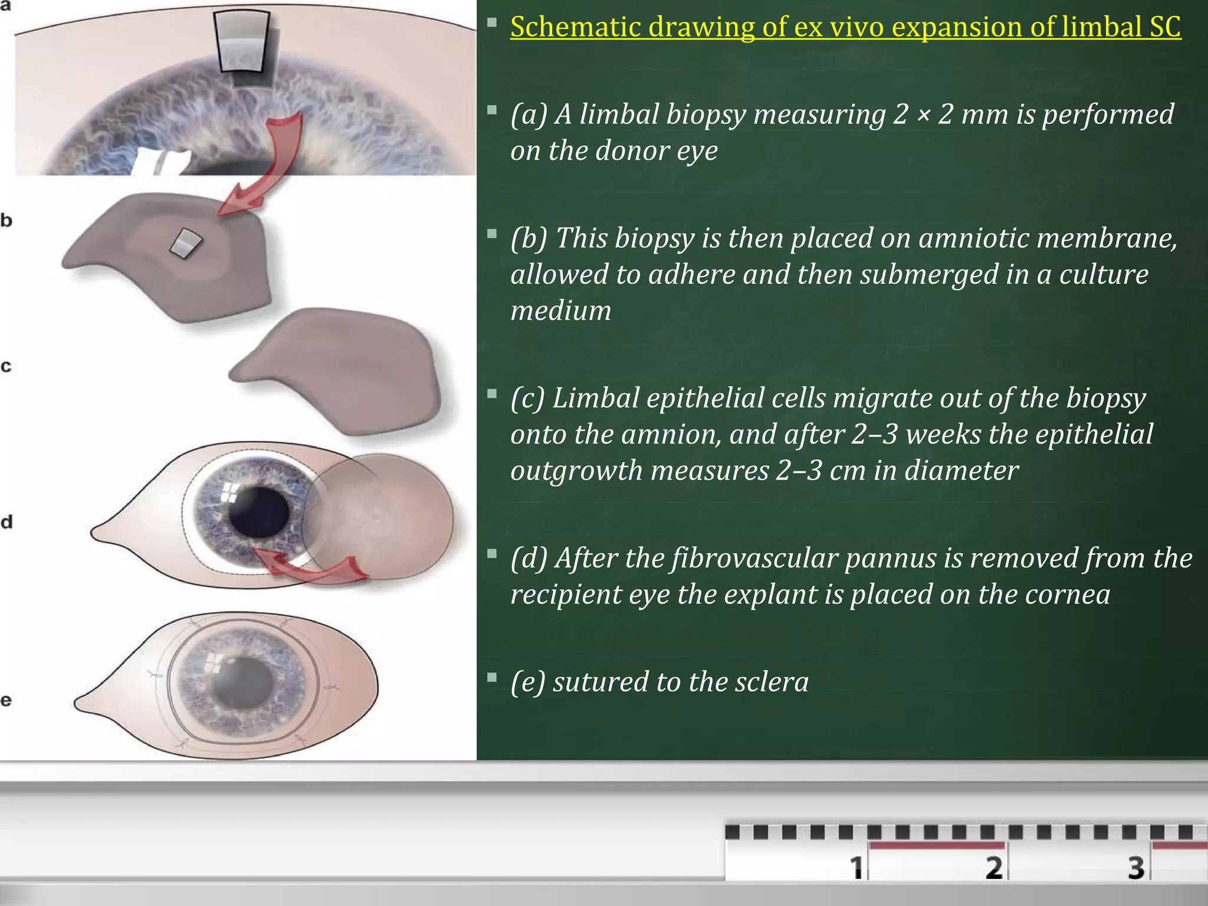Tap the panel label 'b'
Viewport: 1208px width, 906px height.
[x=6, y=221]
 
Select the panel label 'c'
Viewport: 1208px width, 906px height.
[x=6, y=366]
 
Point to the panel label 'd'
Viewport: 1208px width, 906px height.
[x=6, y=522]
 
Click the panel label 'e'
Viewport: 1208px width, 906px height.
[x=6, y=700]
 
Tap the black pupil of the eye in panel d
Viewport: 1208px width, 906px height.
[x=258, y=511]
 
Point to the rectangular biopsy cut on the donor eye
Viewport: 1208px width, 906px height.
[x=241, y=47]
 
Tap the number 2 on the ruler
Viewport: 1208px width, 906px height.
[x=994, y=868]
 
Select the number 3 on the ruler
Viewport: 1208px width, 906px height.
[x=1136, y=868]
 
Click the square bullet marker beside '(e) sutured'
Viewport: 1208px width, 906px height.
[x=492, y=677]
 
